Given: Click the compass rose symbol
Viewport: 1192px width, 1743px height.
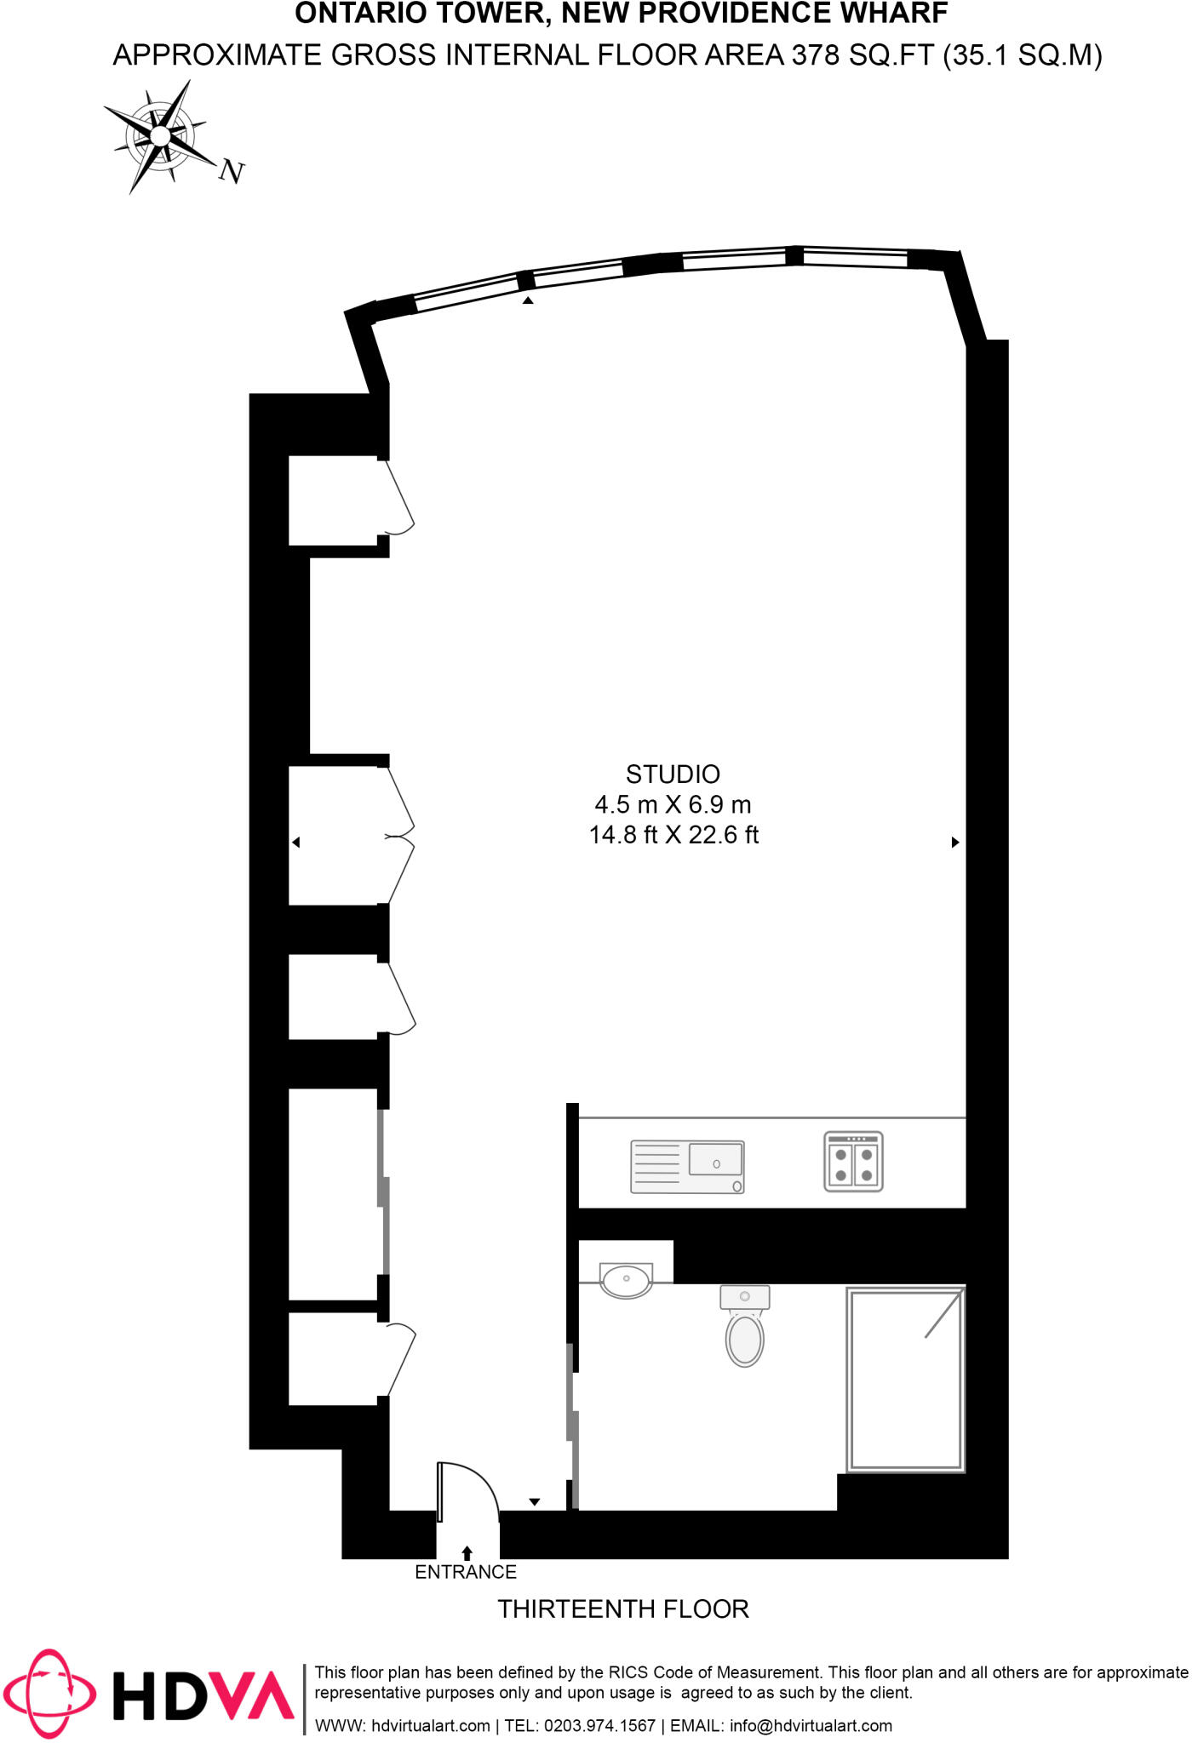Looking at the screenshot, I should coord(160,136).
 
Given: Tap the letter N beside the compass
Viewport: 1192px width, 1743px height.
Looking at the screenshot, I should coord(232,172).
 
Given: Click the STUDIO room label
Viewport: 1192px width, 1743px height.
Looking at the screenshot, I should coord(673,774).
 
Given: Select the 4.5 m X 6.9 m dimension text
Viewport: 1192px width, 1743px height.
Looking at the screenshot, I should coord(673,804).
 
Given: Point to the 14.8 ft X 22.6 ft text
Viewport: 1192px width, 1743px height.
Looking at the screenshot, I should coord(673,835).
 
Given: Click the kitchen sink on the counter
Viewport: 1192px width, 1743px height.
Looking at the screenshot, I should coord(687,1166).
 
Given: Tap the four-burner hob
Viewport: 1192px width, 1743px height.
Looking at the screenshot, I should coord(853,1161).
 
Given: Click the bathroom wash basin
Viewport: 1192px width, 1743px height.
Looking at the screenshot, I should coord(627,1280).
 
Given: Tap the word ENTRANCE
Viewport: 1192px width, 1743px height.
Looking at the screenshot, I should coord(466,1572).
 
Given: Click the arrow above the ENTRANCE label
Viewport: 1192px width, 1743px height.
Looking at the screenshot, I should coord(467,1553).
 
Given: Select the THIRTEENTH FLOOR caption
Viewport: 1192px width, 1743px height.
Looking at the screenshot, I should coord(623,1609).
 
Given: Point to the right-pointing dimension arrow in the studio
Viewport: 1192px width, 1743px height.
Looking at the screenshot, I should coord(955,843).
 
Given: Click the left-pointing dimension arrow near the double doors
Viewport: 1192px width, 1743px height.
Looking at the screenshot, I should coord(295,843).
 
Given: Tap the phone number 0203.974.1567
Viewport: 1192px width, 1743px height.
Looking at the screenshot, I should coord(599,1725).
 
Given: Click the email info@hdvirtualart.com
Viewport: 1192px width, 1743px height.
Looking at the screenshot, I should coord(811,1725).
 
